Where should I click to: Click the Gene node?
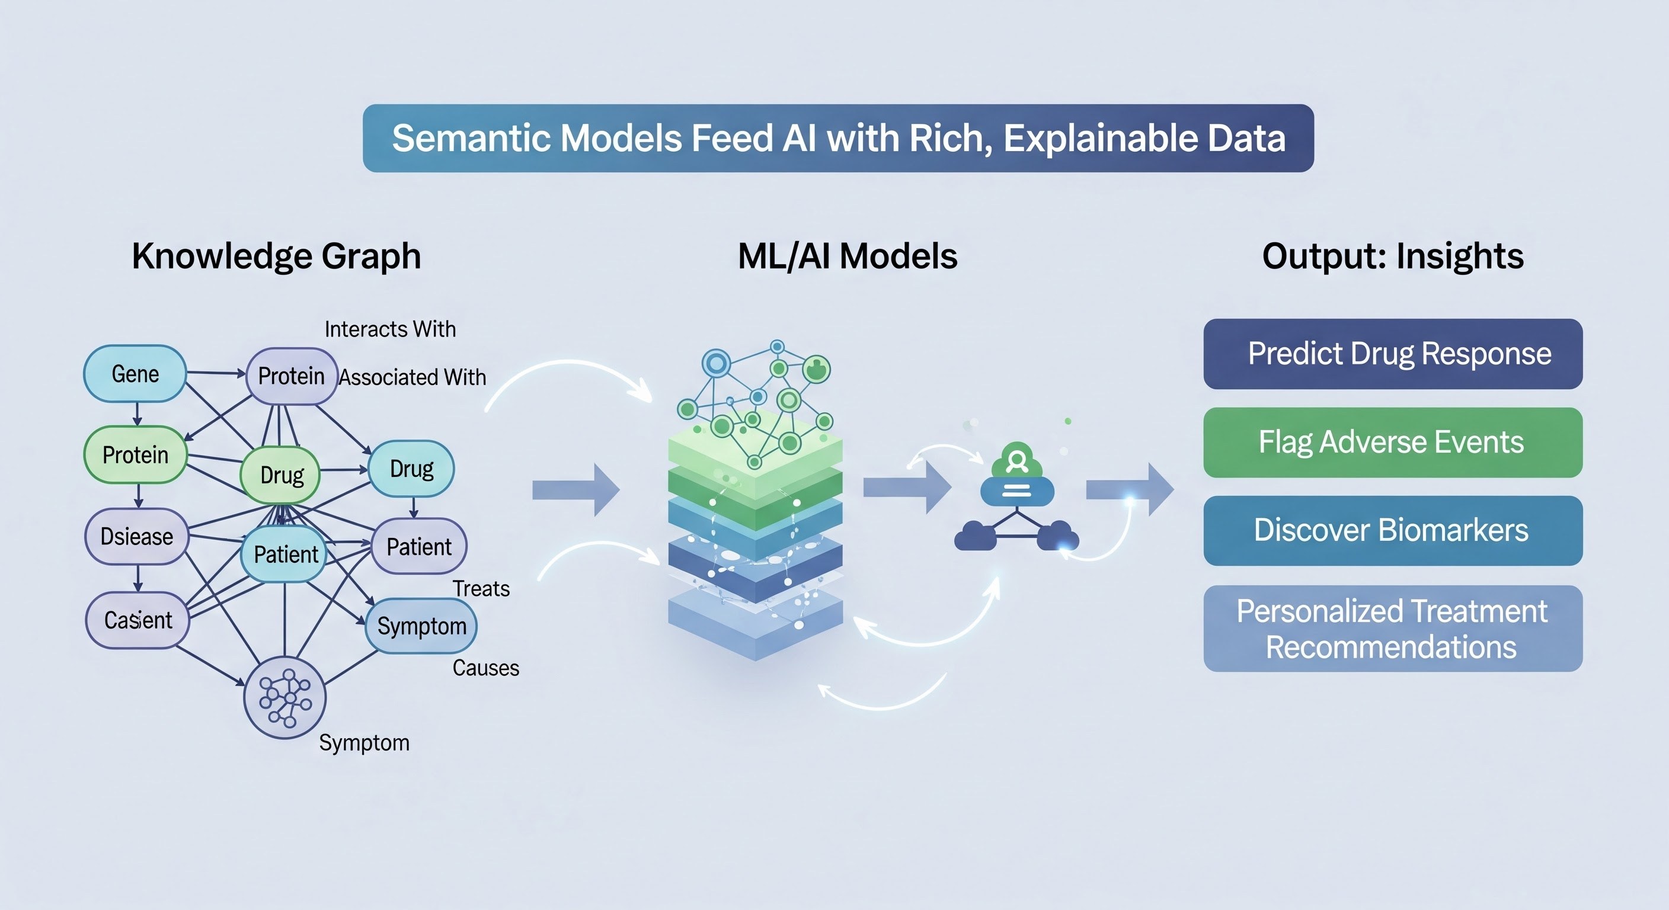[135, 374]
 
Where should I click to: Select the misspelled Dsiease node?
[137, 536]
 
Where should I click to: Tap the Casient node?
[138, 620]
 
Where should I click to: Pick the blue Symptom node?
[421, 626]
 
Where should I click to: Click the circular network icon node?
[285, 698]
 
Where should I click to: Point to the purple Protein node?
[292, 376]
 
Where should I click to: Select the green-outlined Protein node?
[135, 454]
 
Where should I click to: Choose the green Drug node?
[281, 475]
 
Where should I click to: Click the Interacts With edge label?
[390, 329]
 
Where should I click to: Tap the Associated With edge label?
[413, 377]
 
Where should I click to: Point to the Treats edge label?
[481, 588]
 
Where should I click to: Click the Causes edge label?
[485, 668]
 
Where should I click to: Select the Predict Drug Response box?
[1393, 354]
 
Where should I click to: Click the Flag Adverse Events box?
[1393, 443]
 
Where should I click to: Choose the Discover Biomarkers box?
[1393, 530]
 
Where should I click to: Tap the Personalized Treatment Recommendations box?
[1393, 628]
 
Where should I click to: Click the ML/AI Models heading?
[848, 256]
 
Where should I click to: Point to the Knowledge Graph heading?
[277, 256]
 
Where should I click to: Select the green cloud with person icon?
[1016, 462]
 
